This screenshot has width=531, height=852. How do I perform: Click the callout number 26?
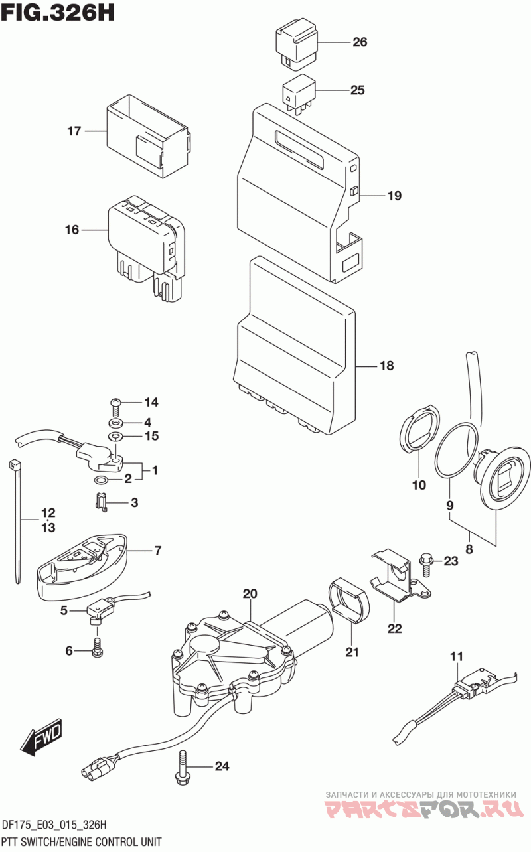point(360,42)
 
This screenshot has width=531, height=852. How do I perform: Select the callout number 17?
point(74,131)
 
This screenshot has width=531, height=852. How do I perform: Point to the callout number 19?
point(394,196)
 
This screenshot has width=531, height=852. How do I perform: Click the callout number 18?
point(387,366)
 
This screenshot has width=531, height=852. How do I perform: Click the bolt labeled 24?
point(182,766)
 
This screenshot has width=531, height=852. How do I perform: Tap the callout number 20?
point(250,593)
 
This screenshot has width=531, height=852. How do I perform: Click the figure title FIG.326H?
point(58,13)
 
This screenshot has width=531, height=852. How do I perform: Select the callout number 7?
point(158,550)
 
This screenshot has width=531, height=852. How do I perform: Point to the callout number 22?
point(394,628)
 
